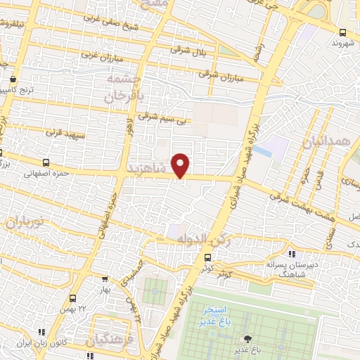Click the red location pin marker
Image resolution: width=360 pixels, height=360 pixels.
click(x=181, y=165)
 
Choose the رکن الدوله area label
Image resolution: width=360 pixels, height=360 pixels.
click(x=204, y=240)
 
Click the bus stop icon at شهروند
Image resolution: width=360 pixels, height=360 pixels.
click(x=342, y=32)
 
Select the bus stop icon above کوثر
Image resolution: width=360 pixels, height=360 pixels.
click(x=207, y=258)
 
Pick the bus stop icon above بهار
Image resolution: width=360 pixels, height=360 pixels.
click(x=105, y=279)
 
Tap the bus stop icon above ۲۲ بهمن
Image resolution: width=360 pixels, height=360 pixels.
click(x=74, y=298)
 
